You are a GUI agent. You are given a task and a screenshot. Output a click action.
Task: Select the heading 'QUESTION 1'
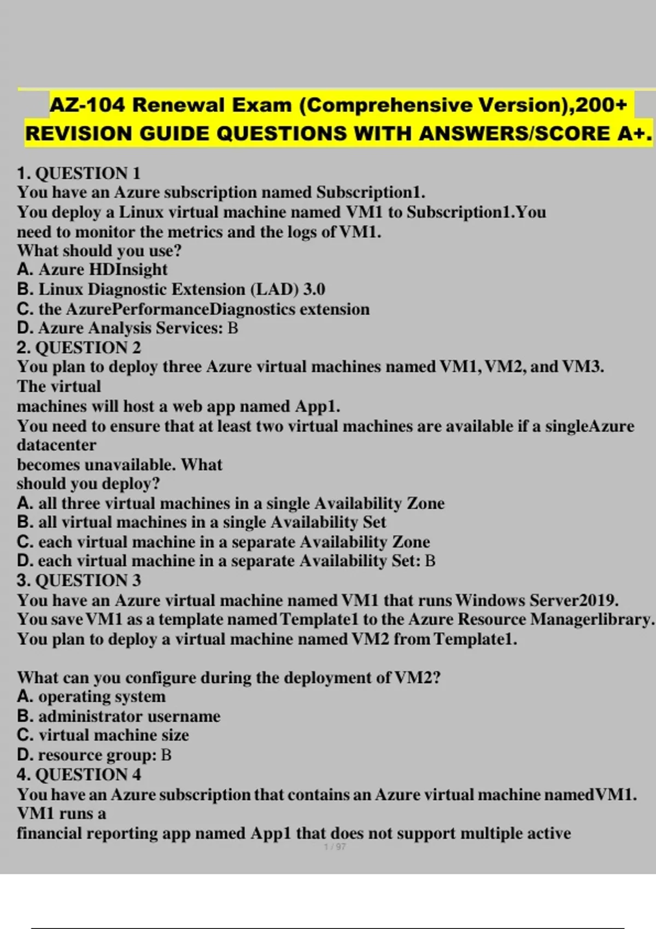tap(87, 173)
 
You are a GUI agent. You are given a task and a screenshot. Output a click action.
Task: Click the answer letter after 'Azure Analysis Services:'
tap(233, 328)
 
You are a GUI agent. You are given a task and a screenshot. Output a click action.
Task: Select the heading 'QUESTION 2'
tap(87, 348)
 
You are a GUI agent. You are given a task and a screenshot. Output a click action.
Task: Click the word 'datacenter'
tap(56, 445)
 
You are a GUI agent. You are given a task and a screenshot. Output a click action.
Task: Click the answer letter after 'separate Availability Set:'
tap(430, 561)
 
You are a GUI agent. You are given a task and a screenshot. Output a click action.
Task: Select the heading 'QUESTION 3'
tap(87, 580)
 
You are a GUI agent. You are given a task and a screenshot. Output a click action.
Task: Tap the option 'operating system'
tap(102, 697)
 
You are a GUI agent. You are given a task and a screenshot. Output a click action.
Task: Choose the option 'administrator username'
tap(129, 716)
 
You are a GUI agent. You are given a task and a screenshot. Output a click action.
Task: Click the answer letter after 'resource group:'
tap(167, 755)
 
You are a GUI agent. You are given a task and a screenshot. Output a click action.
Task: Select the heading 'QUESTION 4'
tap(87, 774)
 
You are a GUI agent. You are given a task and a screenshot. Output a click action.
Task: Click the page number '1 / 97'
tap(335, 846)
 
